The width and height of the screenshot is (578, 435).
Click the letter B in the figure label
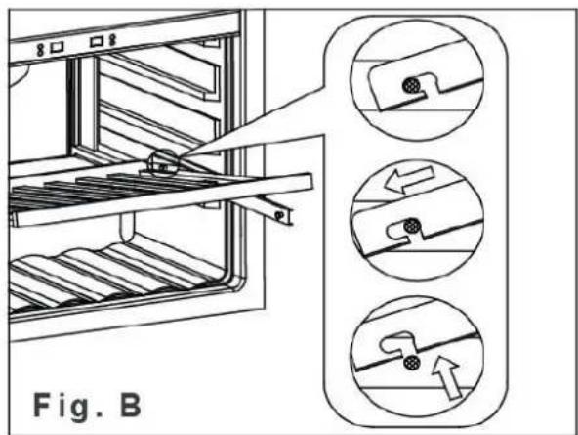[x=131, y=405]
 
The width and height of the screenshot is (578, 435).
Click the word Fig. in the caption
[x=66, y=407]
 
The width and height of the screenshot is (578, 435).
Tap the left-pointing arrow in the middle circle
[x=409, y=179]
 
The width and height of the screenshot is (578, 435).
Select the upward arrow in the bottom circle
[x=445, y=376]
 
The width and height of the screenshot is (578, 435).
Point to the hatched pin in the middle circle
[x=411, y=226]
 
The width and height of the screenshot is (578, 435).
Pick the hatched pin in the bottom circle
[x=411, y=363]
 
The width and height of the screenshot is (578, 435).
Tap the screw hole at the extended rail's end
[x=279, y=214]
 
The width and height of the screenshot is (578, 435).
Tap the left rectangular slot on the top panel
[x=57, y=47]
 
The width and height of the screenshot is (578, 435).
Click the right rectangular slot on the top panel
[x=97, y=41]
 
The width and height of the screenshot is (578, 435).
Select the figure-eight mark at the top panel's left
[x=40, y=50]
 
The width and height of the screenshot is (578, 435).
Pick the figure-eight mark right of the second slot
[x=112, y=40]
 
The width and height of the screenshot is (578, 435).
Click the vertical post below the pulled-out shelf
[x=127, y=226]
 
